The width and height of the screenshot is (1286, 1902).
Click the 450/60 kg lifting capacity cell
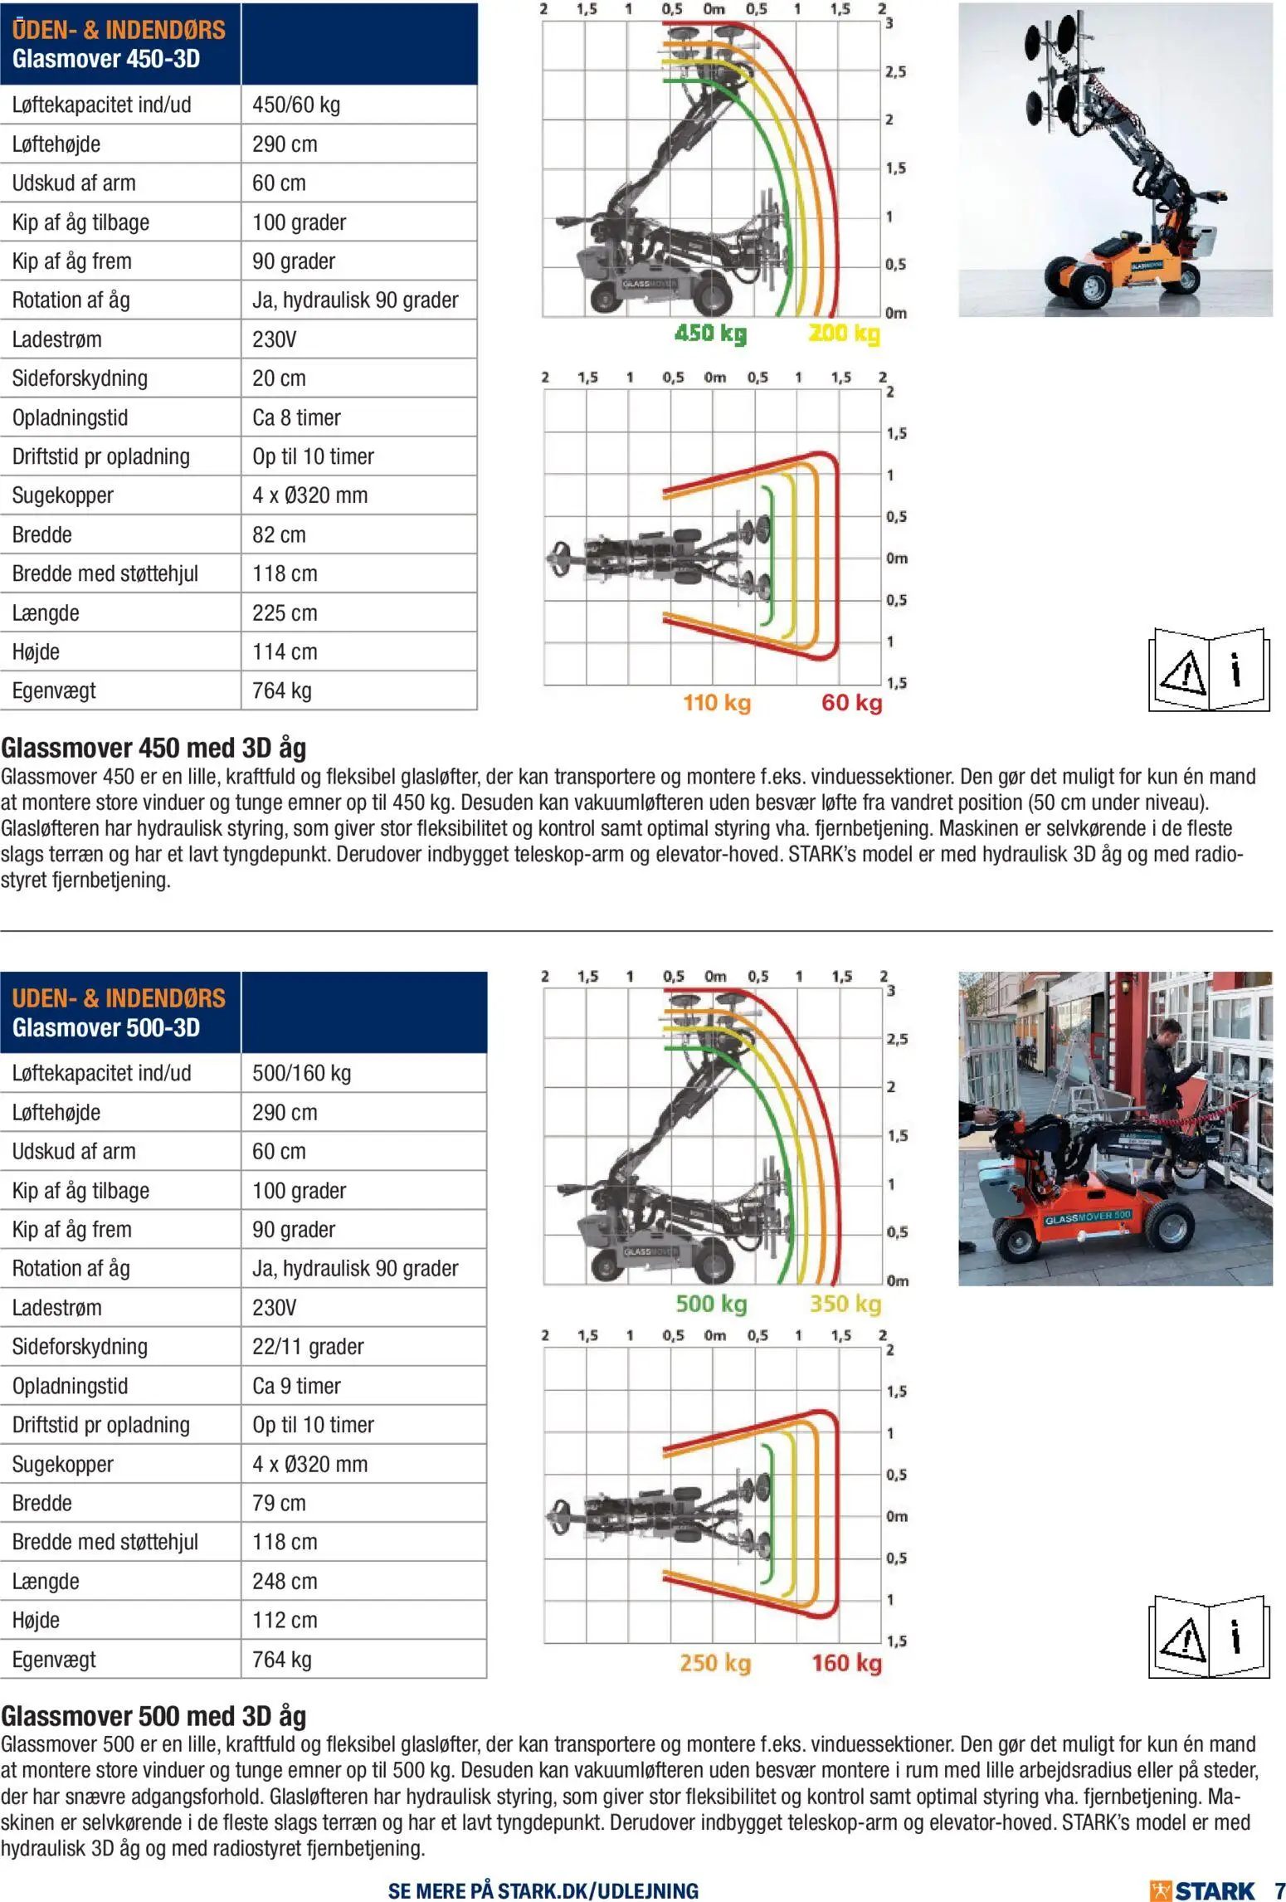coord(296,105)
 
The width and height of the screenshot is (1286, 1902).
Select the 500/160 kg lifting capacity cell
coord(302,1073)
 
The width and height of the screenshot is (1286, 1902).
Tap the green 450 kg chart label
coord(710,334)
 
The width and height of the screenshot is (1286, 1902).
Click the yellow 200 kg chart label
coord(844,334)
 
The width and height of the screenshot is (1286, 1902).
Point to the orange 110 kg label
coord(717,703)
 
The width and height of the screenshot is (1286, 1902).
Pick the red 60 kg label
coord(851,703)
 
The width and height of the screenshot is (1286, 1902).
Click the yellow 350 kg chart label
coord(845,1303)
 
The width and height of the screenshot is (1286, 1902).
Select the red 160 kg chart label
coord(846,1662)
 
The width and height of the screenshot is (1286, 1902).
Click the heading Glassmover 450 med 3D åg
coord(153,748)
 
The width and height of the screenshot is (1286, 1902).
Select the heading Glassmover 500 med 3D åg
coord(153,1715)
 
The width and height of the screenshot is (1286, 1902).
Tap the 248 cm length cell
coord(285,1581)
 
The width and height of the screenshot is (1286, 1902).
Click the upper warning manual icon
coord(1209,671)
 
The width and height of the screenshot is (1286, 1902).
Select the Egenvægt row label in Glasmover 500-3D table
coord(54,1659)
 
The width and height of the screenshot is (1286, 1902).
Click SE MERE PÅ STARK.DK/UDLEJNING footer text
coord(543,1890)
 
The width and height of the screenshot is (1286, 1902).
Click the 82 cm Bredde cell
coord(279,534)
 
